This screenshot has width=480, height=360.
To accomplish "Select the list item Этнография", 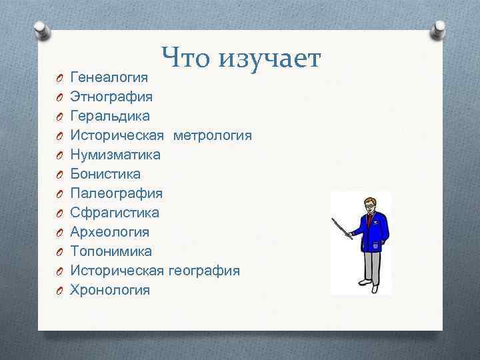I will (x=111, y=97).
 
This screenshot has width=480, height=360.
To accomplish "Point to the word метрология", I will (x=213, y=135).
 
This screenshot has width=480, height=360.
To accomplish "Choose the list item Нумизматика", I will (x=115, y=155).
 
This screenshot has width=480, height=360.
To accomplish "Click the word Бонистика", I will (x=105, y=174).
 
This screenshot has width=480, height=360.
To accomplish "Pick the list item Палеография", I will (x=116, y=193).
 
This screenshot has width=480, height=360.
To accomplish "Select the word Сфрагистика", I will (x=115, y=213).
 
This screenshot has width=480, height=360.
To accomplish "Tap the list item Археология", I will (x=110, y=232).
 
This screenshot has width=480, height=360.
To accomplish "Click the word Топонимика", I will (x=111, y=251).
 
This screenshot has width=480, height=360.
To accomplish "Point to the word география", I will (x=204, y=271).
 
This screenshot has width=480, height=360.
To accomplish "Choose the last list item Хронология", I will (x=110, y=290).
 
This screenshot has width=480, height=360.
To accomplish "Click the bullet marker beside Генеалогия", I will (x=59, y=78).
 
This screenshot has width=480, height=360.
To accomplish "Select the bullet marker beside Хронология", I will (x=59, y=291).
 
